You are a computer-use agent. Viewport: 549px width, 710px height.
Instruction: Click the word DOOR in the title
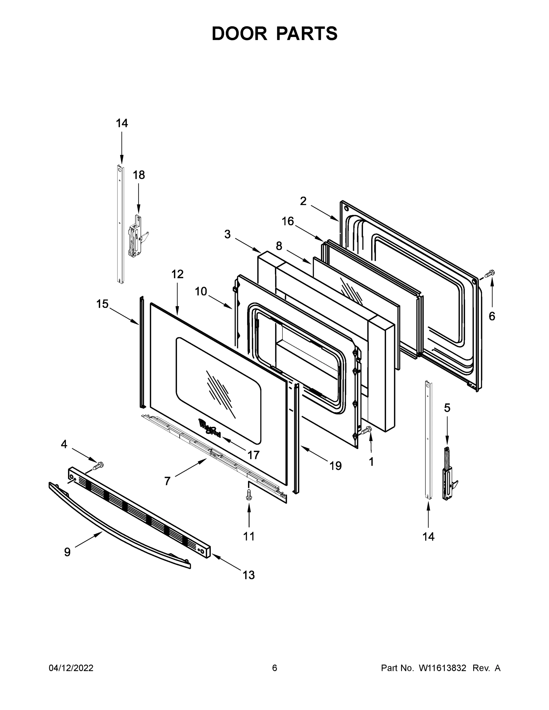coord(239,33)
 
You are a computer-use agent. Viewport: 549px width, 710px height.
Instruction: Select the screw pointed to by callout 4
coord(98,466)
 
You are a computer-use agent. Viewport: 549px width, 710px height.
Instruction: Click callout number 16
coord(287,221)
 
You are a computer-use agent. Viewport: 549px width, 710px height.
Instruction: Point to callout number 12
coord(177,274)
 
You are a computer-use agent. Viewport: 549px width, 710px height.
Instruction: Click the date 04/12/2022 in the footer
coord(71,668)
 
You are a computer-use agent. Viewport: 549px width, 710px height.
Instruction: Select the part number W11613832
coord(442,668)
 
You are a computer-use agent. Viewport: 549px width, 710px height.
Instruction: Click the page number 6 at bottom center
coord(275,668)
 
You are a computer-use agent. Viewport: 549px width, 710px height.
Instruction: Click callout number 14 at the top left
coord(122,123)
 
